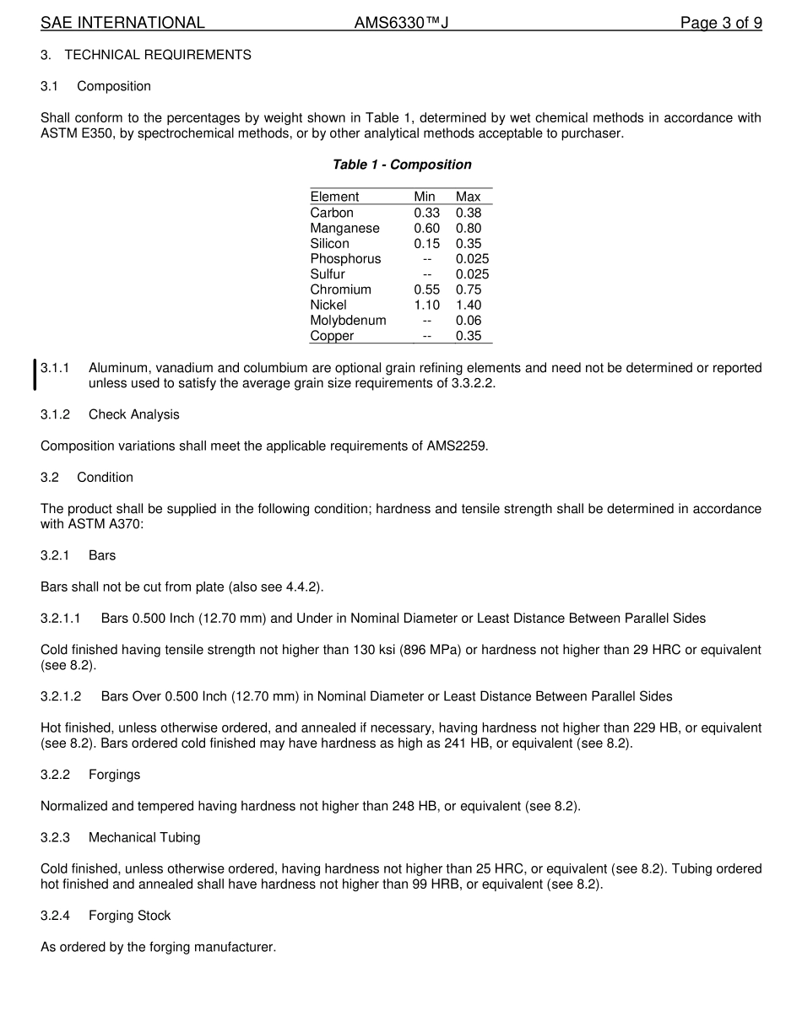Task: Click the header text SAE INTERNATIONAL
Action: point(122,23)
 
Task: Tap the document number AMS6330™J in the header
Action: point(401,23)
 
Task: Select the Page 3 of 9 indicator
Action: point(721,23)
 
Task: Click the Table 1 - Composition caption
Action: point(402,165)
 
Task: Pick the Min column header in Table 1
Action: point(425,197)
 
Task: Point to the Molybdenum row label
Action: point(348,320)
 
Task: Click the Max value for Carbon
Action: point(469,213)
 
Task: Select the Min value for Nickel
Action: point(426,305)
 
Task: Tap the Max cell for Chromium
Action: point(469,289)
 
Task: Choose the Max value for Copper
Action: point(469,336)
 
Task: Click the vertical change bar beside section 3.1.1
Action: point(35,375)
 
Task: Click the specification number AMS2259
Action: point(456,446)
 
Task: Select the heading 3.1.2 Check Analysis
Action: point(110,414)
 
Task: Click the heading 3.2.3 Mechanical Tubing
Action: point(121,837)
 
